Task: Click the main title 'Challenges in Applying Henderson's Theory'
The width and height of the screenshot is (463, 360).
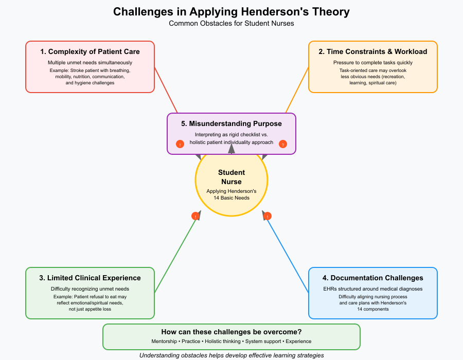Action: click(232, 12)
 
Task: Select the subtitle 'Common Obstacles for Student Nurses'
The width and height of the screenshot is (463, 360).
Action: click(232, 24)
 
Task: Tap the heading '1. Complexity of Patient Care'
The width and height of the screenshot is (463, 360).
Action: click(90, 51)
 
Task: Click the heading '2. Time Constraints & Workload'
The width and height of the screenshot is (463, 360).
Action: click(373, 51)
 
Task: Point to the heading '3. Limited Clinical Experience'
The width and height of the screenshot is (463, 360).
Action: click(90, 278)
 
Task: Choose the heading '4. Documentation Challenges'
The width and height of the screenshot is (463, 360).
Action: click(373, 278)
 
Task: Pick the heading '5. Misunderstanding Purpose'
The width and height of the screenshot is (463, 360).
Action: click(232, 123)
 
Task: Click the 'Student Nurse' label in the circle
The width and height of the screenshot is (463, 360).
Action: click(232, 177)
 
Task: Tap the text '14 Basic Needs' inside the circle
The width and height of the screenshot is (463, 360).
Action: click(232, 198)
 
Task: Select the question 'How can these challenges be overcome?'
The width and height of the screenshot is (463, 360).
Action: click(232, 332)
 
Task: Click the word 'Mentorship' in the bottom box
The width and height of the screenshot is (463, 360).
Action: click(165, 341)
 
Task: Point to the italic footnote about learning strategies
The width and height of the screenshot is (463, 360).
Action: click(232, 355)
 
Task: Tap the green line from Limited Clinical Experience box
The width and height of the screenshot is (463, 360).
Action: click(175, 255)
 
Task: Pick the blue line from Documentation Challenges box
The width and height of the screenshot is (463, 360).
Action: click(288, 255)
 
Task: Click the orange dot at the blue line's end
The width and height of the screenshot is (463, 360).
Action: click(268, 216)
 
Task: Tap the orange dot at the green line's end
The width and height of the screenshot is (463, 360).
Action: click(195, 216)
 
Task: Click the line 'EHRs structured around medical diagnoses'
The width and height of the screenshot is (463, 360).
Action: click(373, 289)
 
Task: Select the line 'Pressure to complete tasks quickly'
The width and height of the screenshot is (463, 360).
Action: click(373, 62)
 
